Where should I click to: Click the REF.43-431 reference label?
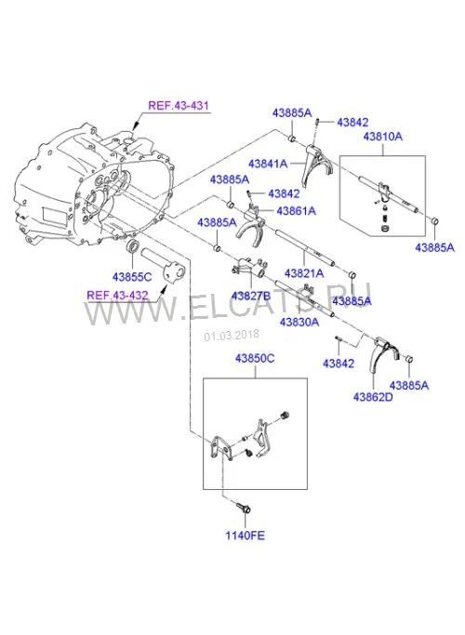(179, 106)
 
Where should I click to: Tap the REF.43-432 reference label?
(117, 295)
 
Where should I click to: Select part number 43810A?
(383, 137)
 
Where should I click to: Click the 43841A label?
(268, 164)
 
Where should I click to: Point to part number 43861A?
(296, 211)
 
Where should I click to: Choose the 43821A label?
(304, 273)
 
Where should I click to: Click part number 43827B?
(251, 296)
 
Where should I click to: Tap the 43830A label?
(299, 323)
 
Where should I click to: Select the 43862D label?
(373, 397)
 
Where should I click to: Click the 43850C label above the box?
(255, 358)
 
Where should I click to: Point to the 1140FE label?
(246, 536)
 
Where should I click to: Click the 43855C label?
(132, 277)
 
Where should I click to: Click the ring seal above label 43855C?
(132, 245)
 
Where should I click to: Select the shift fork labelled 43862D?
(384, 354)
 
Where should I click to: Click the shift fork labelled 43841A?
(317, 165)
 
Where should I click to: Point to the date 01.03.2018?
(232, 336)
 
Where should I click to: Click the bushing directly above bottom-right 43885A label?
(408, 360)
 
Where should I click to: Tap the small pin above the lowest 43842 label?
(339, 338)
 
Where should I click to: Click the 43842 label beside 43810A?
(352, 123)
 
